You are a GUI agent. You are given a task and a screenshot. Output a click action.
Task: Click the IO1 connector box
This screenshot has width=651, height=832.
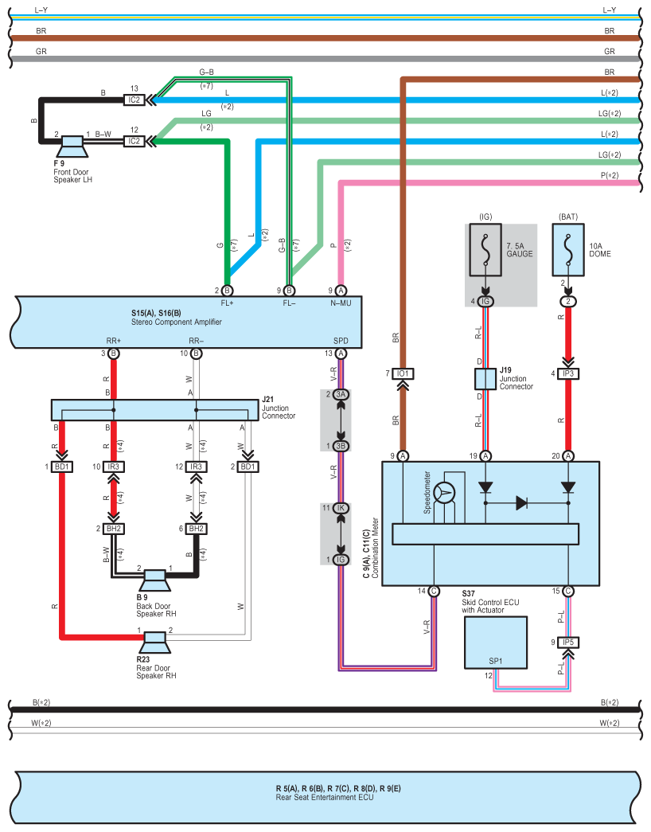[403, 373]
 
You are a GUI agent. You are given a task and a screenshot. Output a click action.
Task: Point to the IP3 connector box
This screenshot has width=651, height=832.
[568, 373]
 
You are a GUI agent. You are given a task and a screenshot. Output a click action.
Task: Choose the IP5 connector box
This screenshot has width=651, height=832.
[568, 642]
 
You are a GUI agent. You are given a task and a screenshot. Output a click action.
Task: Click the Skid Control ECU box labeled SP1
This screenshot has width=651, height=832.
[496, 642]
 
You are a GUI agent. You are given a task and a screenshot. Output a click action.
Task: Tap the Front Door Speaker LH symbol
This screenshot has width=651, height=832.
[72, 146]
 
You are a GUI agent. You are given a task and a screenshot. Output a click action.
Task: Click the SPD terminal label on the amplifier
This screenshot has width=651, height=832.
[341, 341]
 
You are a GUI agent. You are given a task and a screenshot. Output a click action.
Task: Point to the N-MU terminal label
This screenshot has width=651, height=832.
[341, 303]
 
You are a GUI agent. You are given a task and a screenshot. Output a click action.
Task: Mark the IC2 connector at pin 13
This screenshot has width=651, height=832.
[134, 100]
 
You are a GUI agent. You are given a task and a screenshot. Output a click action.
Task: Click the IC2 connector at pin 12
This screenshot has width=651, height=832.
[134, 141]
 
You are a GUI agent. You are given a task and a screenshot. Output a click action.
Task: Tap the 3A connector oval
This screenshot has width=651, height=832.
[341, 395]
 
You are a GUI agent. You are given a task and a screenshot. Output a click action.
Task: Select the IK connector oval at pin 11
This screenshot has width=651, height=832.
[341, 507]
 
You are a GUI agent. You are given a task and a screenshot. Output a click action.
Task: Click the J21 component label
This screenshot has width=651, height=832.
[268, 398]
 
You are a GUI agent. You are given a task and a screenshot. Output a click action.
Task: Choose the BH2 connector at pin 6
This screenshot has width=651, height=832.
[197, 529]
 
